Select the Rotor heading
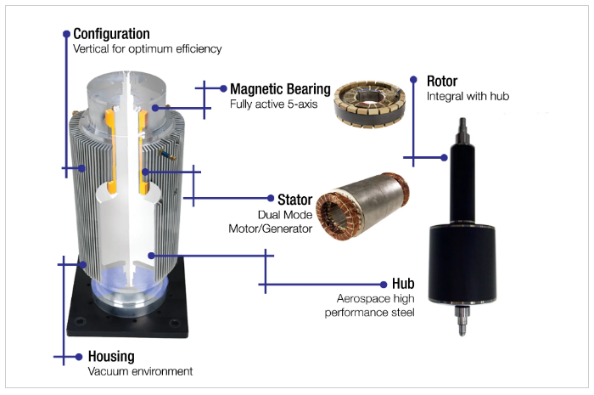pos(442,82)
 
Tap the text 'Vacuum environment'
pos(140,372)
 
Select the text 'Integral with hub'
pos(468,97)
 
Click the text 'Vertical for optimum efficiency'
pos(148,49)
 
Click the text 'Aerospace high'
pos(374,298)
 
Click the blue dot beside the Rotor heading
pos(413,81)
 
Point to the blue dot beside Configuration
pos(65,34)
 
